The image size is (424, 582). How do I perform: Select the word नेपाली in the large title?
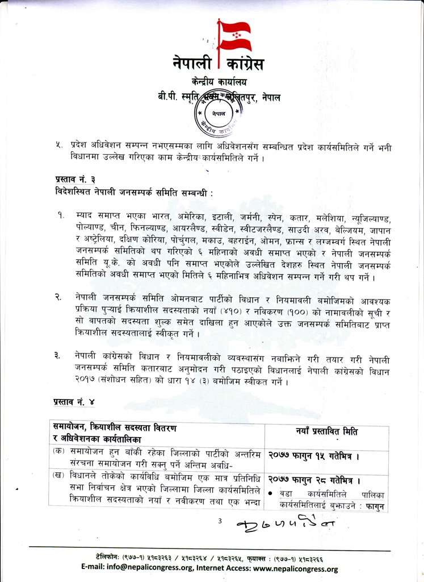click(192, 64)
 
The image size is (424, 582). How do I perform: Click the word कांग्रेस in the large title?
click(245, 64)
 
